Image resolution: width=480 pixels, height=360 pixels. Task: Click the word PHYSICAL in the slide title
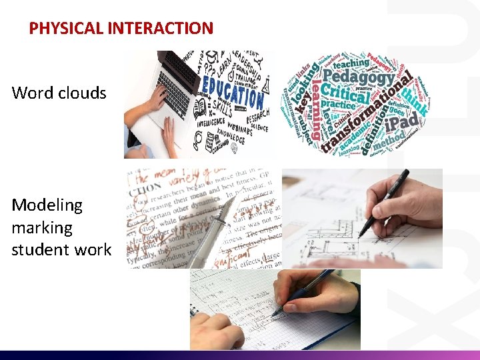coord(57,29)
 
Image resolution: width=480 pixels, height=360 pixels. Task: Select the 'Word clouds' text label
coord(59,93)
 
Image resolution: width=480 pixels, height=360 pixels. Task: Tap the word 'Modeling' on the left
coord(47,205)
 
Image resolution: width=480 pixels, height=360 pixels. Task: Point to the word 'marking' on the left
coord(41,227)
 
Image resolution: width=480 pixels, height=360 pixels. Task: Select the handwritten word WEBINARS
coord(235,131)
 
